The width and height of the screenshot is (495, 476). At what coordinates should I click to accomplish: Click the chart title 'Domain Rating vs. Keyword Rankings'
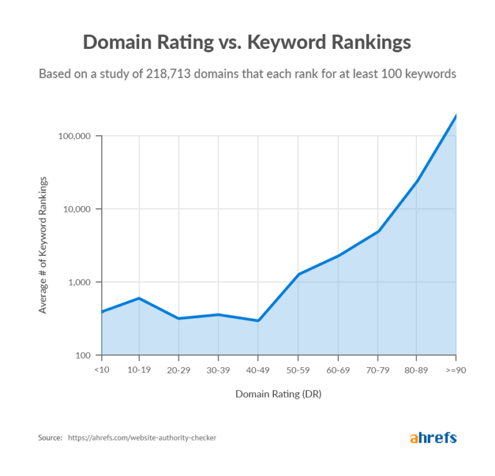pyautogui.click(x=247, y=43)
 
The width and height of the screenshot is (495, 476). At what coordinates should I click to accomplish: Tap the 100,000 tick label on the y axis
pyautogui.click(x=76, y=137)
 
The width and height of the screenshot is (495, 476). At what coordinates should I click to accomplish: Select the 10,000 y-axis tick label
pyautogui.click(x=79, y=209)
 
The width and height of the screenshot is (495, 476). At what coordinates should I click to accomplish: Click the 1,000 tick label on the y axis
pyautogui.click(x=81, y=282)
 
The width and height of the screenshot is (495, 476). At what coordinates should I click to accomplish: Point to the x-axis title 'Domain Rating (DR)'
pyautogui.click(x=278, y=394)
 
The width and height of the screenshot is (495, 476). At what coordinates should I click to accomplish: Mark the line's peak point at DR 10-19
pyautogui.click(x=139, y=298)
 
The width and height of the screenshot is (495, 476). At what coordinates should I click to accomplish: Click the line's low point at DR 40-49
pyautogui.click(x=258, y=320)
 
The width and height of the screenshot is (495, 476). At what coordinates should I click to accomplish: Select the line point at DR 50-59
pyautogui.click(x=298, y=274)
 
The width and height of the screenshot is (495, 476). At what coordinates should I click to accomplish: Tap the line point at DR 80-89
pyautogui.click(x=416, y=182)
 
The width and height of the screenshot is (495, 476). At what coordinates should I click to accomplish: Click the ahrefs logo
pyautogui.click(x=432, y=438)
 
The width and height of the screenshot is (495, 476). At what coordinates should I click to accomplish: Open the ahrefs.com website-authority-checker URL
pyautogui.click(x=142, y=438)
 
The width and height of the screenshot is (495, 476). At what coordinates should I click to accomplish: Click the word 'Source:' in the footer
pyautogui.click(x=50, y=438)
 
